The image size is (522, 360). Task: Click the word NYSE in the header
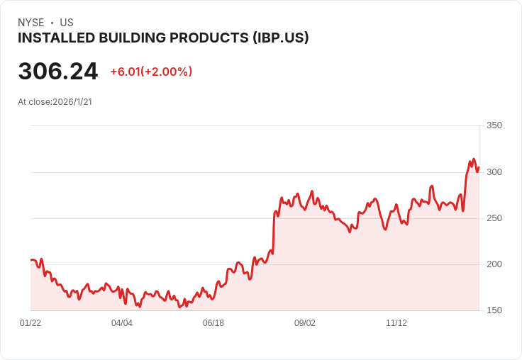pyautogui.click(x=31, y=23)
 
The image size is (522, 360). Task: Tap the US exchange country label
pyautogui.click(x=67, y=23)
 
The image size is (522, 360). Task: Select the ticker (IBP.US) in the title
pyautogui.click(x=280, y=38)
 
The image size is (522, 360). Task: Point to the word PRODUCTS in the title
pyautogui.click(x=211, y=38)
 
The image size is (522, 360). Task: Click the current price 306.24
pyautogui.click(x=58, y=71)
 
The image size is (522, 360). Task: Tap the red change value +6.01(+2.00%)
pyautogui.click(x=151, y=72)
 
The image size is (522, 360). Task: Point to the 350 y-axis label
pyautogui.click(x=494, y=125)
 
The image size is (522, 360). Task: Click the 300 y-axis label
pyautogui.click(x=494, y=172)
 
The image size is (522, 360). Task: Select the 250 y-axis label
pyautogui.click(x=494, y=218)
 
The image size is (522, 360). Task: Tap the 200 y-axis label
pyautogui.click(x=494, y=264)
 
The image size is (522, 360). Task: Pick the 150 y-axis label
pyautogui.click(x=494, y=310)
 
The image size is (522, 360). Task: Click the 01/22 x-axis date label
pyautogui.click(x=30, y=323)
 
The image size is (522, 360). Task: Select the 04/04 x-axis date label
pyautogui.click(x=122, y=323)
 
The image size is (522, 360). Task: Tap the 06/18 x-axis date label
pyautogui.click(x=213, y=323)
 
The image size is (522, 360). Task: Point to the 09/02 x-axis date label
pyautogui.click(x=305, y=323)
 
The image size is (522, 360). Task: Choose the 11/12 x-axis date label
pyautogui.click(x=396, y=323)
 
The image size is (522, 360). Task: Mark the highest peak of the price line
pyautogui.click(x=474, y=159)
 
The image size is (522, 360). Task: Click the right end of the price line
pyautogui.click(x=479, y=167)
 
